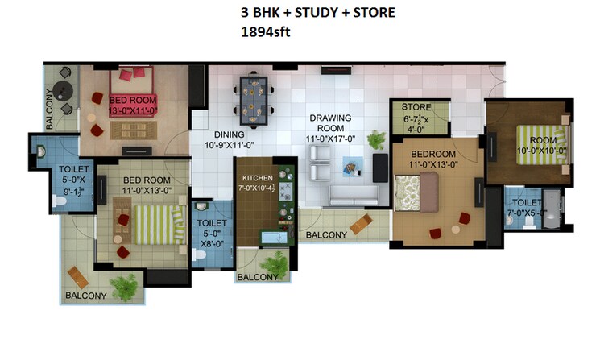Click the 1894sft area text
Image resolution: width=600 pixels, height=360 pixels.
point(267,34)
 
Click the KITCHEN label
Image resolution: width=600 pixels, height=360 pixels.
point(257,177)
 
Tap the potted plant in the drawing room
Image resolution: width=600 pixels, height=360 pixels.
point(376,139)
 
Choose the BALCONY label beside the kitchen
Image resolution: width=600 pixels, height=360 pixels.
point(325,234)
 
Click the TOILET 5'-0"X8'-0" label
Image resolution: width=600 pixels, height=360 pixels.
point(212,232)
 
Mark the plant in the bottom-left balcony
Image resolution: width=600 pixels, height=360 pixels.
point(125,284)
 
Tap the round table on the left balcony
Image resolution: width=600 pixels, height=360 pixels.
point(65,91)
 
